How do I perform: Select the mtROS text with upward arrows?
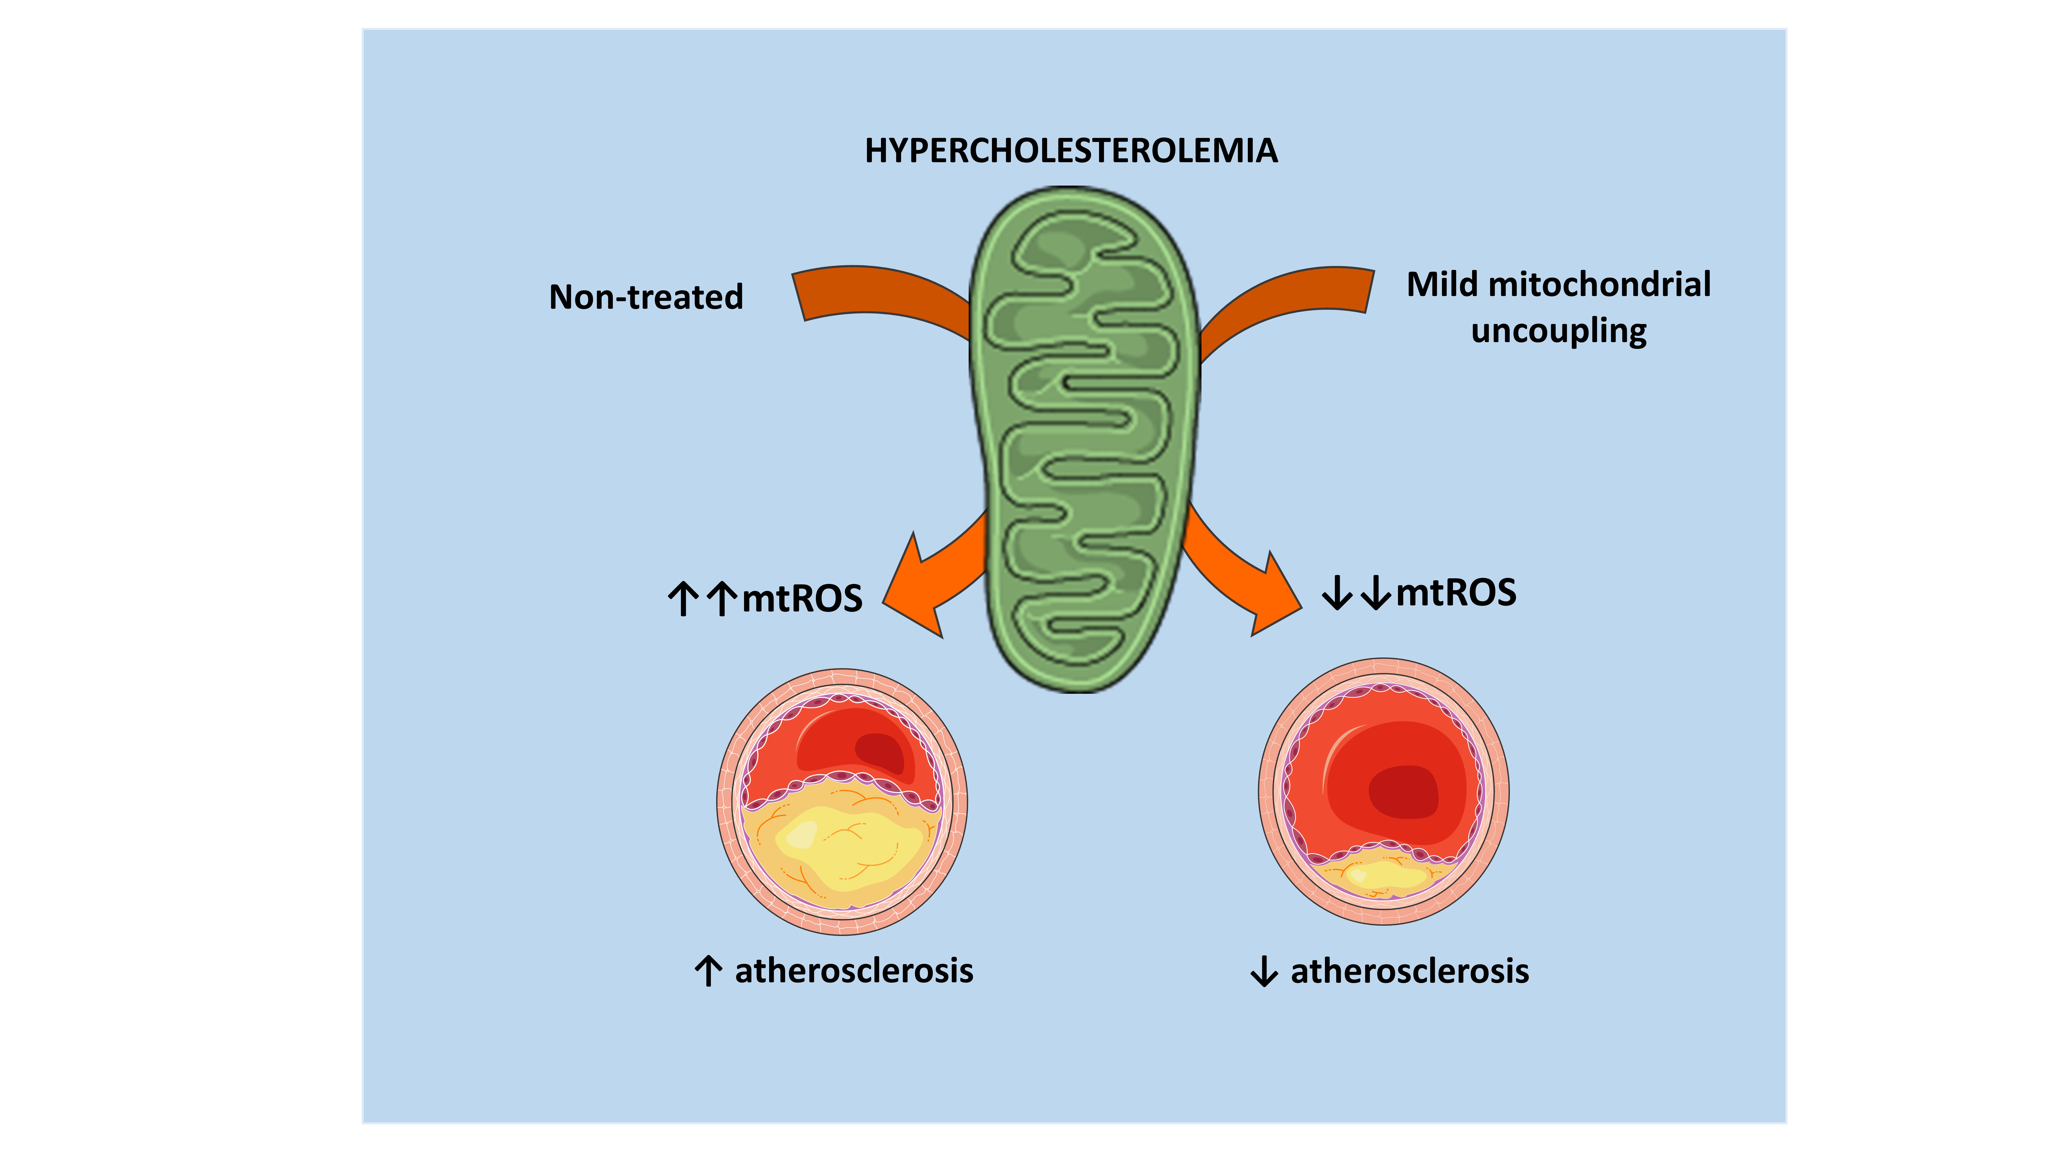802,599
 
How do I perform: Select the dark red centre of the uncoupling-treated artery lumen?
1404,791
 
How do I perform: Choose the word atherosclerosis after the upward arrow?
853,971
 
